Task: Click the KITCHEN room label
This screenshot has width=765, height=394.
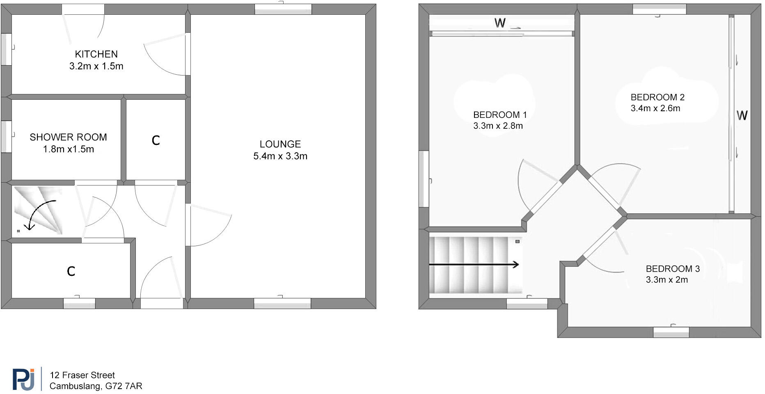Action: pyautogui.click(x=96, y=54)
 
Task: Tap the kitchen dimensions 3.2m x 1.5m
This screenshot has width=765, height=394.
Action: pyautogui.click(x=96, y=66)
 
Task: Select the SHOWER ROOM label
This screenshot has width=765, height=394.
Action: pyautogui.click(x=68, y=137)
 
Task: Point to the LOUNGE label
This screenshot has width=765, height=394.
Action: pyautogui.click(x=280, y=144)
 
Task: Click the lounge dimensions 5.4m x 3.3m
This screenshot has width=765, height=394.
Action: pyautogui.click(x=280, y=156)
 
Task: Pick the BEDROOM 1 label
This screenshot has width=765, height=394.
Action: pyautogui.click(x=500, y=115)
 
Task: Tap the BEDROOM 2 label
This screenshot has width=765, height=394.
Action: pyautogui.click(x=657, y=97)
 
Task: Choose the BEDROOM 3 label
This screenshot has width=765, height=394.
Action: pyautogui.click(x=673, y=269)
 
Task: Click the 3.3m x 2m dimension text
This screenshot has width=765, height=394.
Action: pyautogui.click(x=667, y=280)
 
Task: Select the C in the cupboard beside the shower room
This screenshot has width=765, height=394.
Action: pyautogui.click(x=156, y=141)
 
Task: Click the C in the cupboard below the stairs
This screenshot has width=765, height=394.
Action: pyautogui.click(x=71, y=271)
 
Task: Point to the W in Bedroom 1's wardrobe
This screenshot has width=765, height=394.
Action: pyautogui.click(x=500, y=23)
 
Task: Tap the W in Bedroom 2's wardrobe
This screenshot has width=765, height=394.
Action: pyautogui.click(x=742, y=115)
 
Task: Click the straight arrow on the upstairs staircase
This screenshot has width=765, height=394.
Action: pyautogui.click(x=474, y=265)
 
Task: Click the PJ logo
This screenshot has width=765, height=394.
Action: pyautogui.click(x=23, y=379)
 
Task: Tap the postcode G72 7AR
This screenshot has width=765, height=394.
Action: pyautogui.click(x=124, y=386)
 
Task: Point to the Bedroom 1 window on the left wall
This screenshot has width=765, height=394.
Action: pyautogui.click(x=424, y=179)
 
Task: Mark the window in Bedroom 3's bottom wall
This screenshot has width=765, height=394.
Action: pyautogui.click(x=671, y=332)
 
